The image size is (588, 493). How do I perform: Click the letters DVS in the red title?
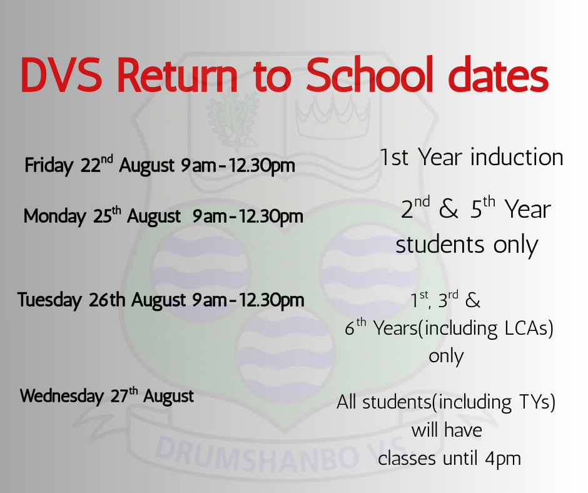61,74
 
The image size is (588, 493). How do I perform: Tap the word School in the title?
369,74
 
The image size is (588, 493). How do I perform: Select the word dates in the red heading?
499,74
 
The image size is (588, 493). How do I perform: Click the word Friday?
49,166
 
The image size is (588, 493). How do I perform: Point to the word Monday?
55,216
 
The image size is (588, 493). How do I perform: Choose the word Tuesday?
49,300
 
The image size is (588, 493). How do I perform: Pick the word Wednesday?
62,396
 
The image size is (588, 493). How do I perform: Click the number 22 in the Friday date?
91,165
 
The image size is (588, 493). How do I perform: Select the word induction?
517,157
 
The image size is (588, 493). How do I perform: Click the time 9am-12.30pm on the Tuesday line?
248,300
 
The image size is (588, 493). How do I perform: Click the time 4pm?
503,459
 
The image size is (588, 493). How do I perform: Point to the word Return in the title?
178,74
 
